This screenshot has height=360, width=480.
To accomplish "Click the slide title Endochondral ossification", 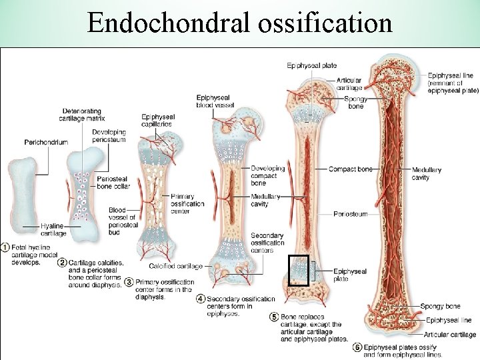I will coord(240,23).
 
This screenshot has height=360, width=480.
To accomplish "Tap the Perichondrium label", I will coord(46,142).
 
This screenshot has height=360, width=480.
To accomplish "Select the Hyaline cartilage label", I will coord(53,230).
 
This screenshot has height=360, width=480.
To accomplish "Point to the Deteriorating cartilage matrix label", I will coord(82,114).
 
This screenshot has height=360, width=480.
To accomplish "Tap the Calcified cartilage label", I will coord(176,266).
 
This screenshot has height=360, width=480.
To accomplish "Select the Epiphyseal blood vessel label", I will coord(214,101).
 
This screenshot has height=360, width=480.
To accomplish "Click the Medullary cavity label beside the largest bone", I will coord(426,174).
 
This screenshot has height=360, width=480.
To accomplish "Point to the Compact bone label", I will coord(350,169).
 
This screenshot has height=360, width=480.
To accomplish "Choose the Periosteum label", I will coord(351,214).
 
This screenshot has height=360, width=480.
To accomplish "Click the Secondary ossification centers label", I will coord(267,243).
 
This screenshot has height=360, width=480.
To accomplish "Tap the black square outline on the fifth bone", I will coord(298,270).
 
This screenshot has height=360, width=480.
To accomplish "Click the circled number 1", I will coord(6,247).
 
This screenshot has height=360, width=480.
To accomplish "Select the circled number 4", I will coord(201,299).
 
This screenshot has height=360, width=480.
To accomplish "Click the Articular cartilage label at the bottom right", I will coord(450,335).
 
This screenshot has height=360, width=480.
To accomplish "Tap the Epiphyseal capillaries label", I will coord(157,120).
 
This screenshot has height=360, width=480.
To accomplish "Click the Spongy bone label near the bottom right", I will coord(440,306).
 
